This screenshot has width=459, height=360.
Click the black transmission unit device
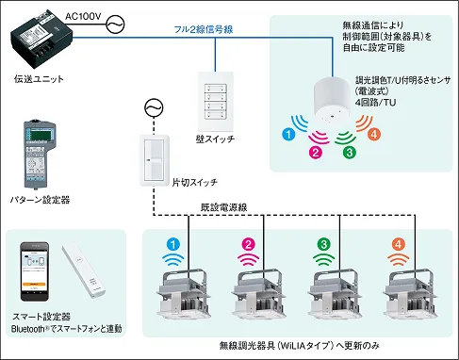coord(42,40)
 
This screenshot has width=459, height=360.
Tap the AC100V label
coord(84,16)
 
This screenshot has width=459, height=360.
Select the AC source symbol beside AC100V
coord(115,25)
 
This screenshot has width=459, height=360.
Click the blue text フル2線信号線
coord(204,29)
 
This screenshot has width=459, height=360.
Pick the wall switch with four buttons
coord(216,102)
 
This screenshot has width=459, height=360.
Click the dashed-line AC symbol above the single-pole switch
coord(154,108)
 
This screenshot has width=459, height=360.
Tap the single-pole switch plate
coord(155,160)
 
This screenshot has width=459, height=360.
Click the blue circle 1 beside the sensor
coord(288,135)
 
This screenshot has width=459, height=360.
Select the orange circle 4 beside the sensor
coord(374,135)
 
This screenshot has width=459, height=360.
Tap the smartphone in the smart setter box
coord(35,271)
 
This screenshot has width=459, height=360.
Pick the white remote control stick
coord(83,271)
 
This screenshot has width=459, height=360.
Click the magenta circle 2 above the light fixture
coord(249,245)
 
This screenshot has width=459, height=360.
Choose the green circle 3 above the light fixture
coord(324,245)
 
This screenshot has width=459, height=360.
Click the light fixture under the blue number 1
coord(184,293)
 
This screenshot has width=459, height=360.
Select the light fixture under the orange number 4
coord(410,293)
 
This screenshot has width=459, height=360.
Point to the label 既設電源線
coord(223,207)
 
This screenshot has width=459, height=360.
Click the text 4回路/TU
coord(375,103)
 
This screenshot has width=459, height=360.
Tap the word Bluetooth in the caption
coord(28,329)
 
